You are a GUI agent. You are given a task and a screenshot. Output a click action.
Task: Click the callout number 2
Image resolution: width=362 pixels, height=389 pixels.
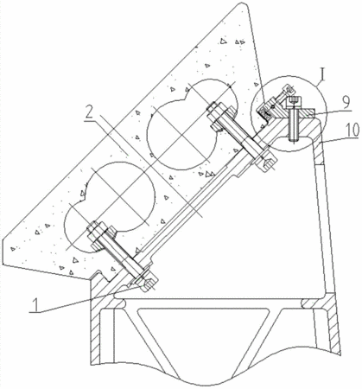point(90,113)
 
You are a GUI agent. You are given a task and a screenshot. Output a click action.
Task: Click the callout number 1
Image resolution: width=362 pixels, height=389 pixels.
point(35,305)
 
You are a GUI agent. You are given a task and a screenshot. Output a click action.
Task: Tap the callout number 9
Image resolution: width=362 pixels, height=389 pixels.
point(346,102)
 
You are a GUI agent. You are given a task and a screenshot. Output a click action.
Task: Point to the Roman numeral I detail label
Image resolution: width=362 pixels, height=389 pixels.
point(323,75)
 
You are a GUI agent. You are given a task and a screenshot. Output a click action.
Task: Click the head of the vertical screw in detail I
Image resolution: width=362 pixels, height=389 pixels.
point(294,102)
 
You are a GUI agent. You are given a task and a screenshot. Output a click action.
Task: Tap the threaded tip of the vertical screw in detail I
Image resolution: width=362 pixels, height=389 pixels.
point(294,140)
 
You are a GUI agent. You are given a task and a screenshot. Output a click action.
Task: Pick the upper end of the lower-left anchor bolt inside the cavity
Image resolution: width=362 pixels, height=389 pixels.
point(95,229)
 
